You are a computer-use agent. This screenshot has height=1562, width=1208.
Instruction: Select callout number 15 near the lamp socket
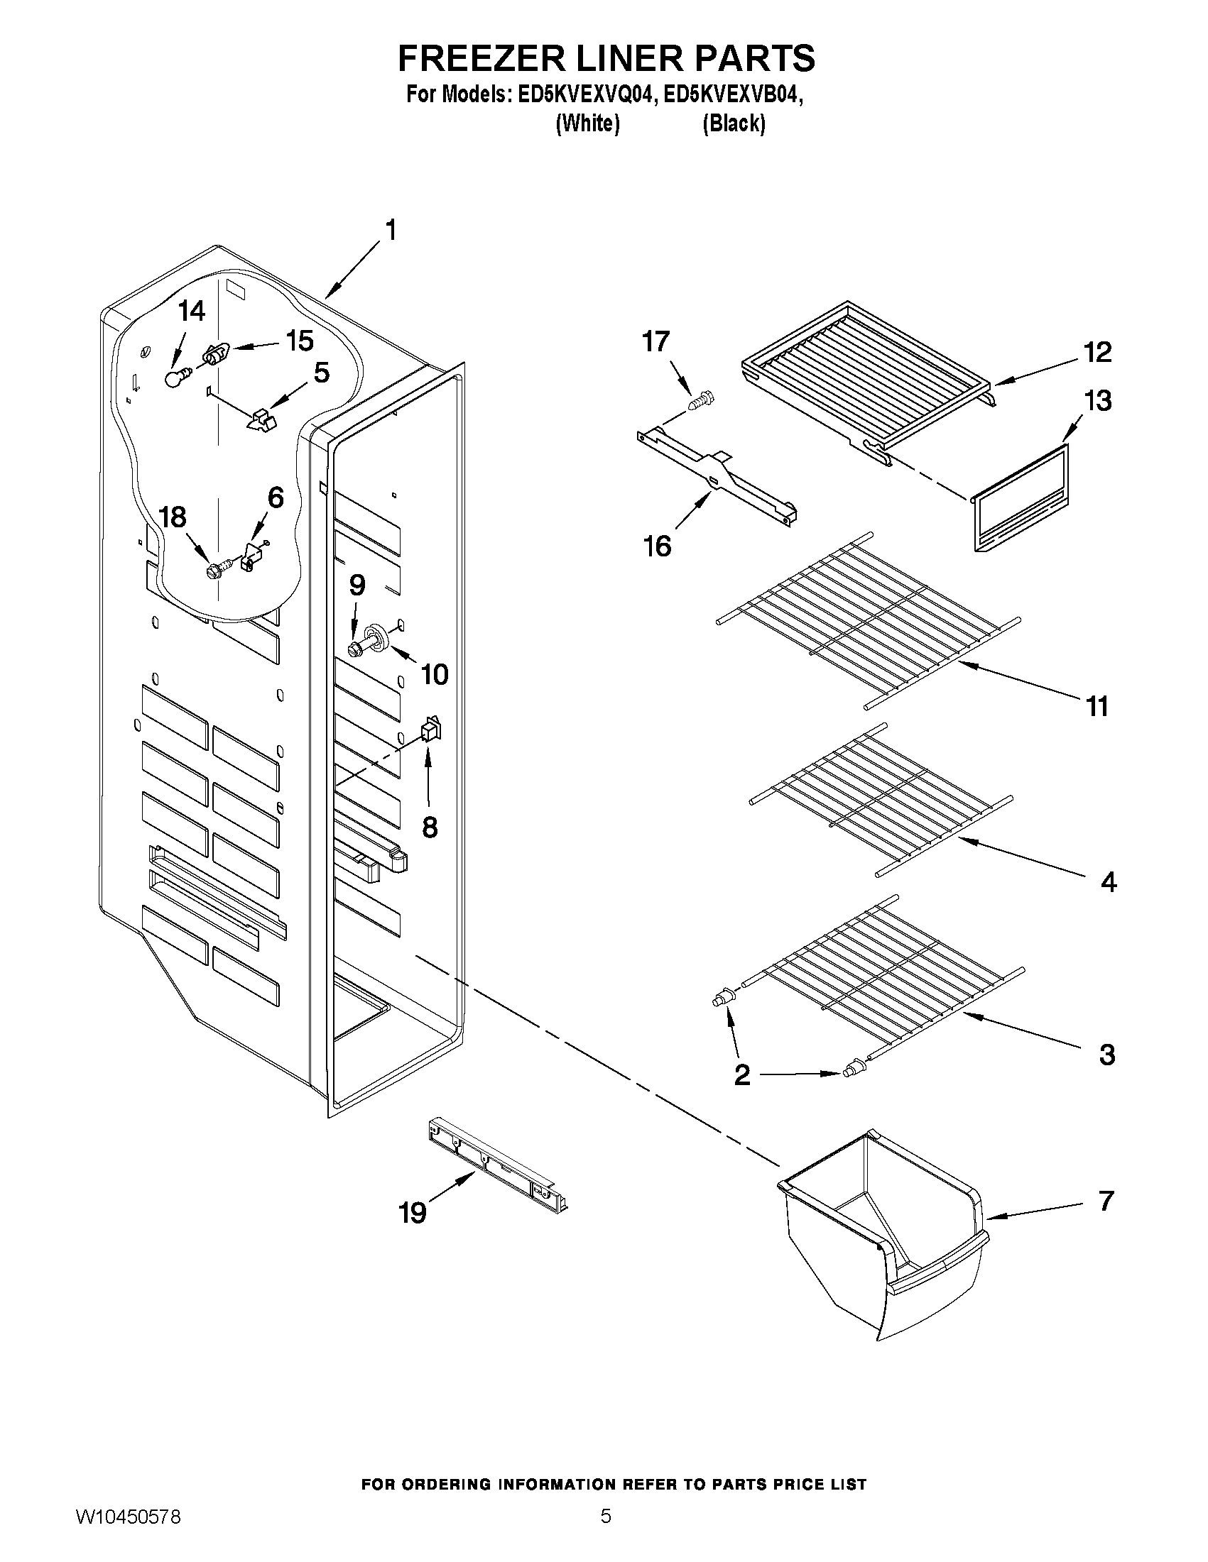(x=300, y=341)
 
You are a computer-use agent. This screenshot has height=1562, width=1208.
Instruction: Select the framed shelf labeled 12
(x=866, y=372)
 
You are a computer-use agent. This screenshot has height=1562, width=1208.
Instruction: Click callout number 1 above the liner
(x=390, y=231)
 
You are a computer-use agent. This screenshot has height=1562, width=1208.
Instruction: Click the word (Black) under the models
(x=734, y=123)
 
